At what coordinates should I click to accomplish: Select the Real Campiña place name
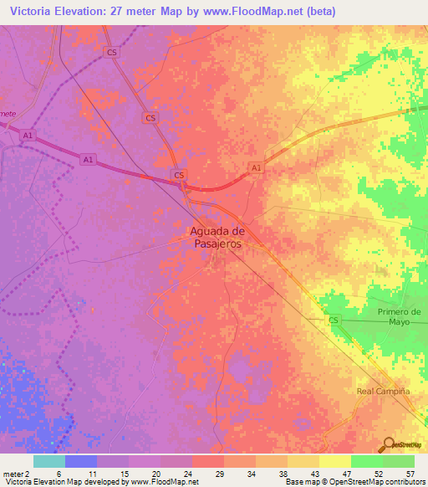coord(384,391)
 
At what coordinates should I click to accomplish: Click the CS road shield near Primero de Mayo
coord(334,320)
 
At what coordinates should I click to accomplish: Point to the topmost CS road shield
coord(111,52)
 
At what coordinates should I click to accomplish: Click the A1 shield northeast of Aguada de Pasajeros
coord(257,168)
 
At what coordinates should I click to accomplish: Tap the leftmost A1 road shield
coord(28,135)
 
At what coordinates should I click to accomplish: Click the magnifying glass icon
coord(388,443)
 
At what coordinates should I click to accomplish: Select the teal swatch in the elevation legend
coord(49,461)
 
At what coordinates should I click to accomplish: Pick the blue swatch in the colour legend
coord(81,461)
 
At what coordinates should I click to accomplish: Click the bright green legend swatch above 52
coord(366,461)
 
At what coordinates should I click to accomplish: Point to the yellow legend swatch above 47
coord(334,461)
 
